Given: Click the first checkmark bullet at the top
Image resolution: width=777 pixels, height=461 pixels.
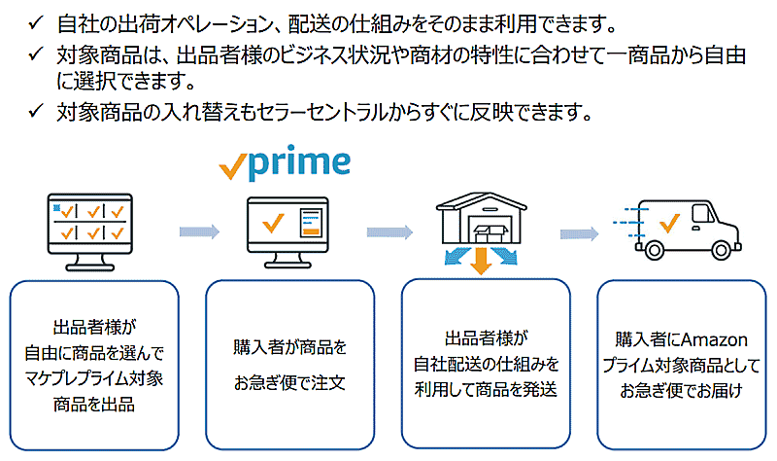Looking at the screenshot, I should click(x=36, y=20).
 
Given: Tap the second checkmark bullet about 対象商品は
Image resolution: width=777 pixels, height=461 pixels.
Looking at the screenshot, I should click(x=36, y=57).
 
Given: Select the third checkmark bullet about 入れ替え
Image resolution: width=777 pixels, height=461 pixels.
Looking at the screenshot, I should click(x=36, y=112).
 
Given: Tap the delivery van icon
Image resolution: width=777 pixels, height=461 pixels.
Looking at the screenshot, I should click(x=673, y=230).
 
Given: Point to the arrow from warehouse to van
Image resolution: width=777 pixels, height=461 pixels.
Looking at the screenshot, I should click(x=577, y=231).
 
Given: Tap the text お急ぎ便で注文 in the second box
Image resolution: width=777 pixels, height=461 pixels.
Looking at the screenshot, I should click(x=289, y=382).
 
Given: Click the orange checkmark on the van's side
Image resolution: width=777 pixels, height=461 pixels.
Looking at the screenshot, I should click(x=668, y=225).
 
